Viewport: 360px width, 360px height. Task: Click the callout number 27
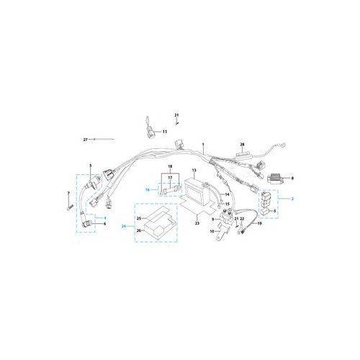86,140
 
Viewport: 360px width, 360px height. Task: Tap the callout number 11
165,132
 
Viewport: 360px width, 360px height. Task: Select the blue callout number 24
124,226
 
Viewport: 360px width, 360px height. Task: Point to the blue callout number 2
292,199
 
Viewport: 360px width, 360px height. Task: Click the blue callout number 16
148,190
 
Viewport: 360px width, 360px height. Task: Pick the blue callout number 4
105,218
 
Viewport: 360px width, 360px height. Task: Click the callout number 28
242,145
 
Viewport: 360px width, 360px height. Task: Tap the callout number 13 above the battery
194,170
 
